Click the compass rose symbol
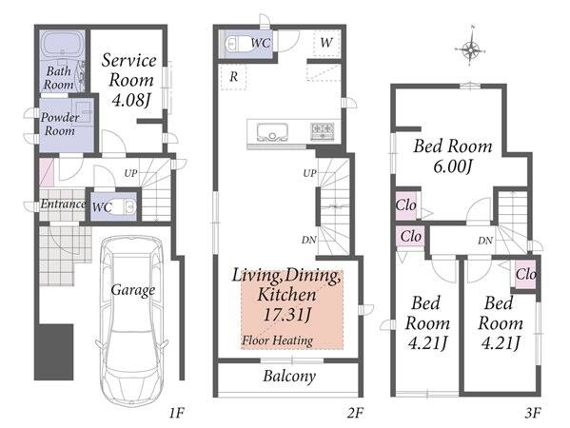click(x=470, y=49)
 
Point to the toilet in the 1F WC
click(x=125, y=206)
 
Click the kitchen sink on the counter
click(x=272, y=132)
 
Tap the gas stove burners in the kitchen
click(x=322, y=131)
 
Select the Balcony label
click(x=289, y=376)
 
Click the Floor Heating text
click(x=277, y=340)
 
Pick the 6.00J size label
click(x=452, y=166)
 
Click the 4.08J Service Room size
click(x=131, y=100)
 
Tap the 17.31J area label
click(x=287, y=314)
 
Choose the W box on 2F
click(x=326, y=43)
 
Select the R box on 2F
click(x=233, y=77)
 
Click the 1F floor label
click(x=177, y=413)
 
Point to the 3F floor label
click(x=533, y=413)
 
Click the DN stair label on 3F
click(x=485, y=241)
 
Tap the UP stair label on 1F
click(x=131, y=173)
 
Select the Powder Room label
click(x=60, y=124)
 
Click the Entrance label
click(x=63, y=204)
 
